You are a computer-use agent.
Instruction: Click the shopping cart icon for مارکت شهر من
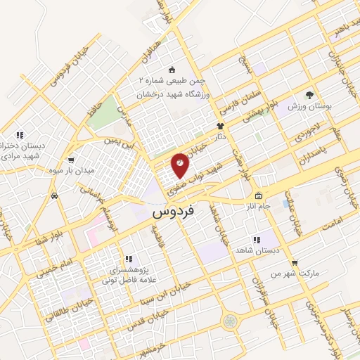[295, 264]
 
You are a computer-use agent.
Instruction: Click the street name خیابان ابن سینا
[155, 292]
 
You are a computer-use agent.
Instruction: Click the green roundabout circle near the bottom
[230, 321]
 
